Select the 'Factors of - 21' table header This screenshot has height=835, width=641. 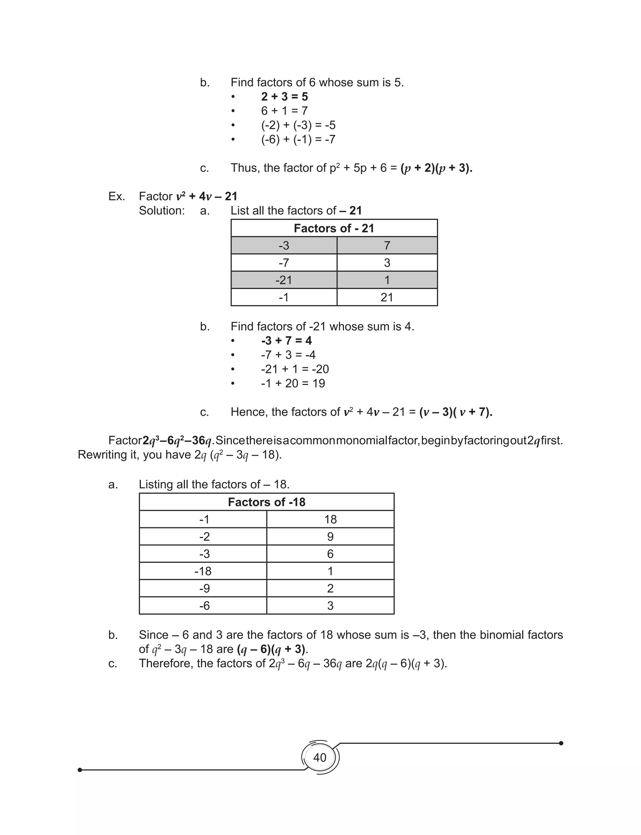tap(334, 228)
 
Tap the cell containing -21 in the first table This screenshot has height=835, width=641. tap(284, 280)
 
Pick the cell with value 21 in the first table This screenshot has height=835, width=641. tap(387, 297)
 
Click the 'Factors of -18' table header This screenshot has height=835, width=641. tap(266, 502)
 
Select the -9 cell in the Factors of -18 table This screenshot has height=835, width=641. tap(204, 588)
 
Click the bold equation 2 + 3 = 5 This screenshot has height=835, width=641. tap(284, 96)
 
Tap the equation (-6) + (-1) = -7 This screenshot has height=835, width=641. tap(298, 139)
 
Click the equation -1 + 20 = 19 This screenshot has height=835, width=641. tap(293, 383)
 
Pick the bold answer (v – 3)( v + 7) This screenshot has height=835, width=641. tap(456, 412)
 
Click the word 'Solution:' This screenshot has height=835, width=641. tap(162, 211)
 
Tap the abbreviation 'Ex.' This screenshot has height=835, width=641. tap(117, 196)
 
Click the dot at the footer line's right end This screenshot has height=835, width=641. tap(561, 743)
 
